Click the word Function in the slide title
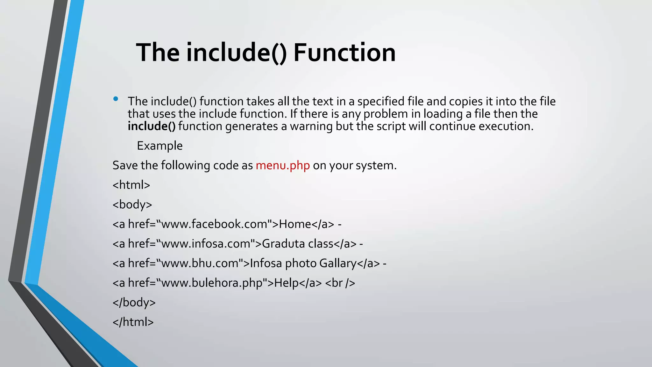tap(344, 53)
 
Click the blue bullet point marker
tap(116, 99)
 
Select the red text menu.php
tap(283, 165)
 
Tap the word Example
tap(159, 146)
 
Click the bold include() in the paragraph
tap(152, 126)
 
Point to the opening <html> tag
tap(131, 185)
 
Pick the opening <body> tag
tap(132, 205)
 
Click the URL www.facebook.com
tap(214, 224)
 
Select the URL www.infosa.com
tap(206, 244)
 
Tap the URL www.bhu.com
tap(200, 263)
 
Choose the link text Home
tap(295, 224)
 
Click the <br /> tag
tap(340, 283)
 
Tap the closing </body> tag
tap(134, 302)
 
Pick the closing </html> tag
tap(133, 322)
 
